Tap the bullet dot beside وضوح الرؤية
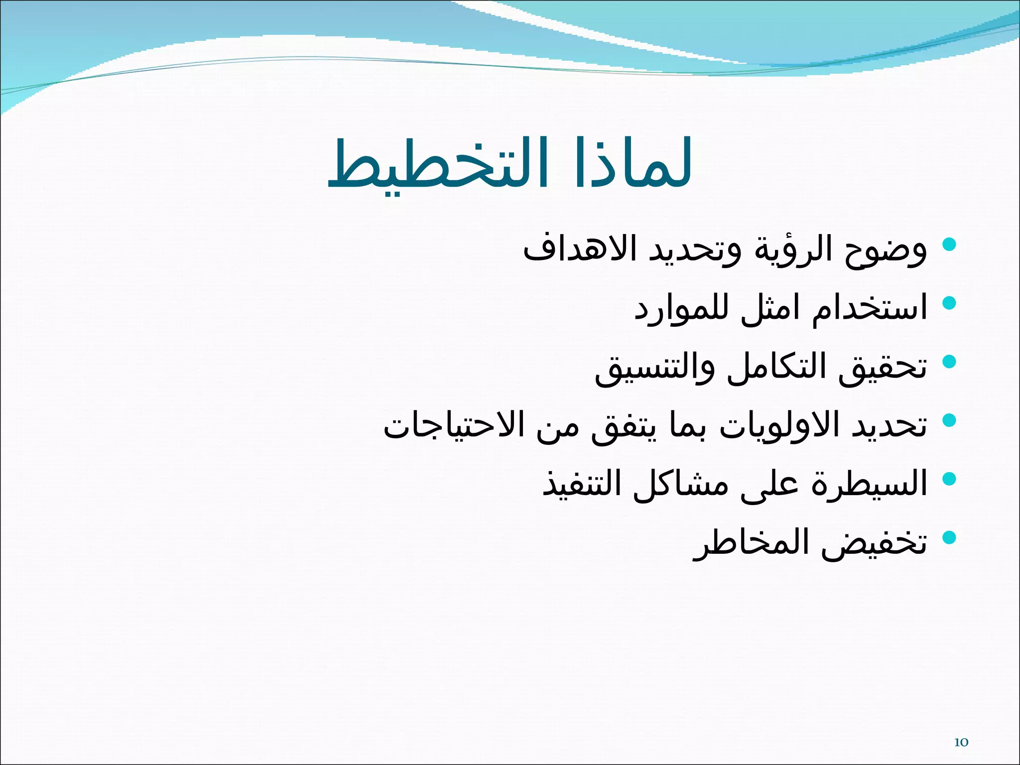950,245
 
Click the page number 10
961,743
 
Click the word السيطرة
869,483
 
